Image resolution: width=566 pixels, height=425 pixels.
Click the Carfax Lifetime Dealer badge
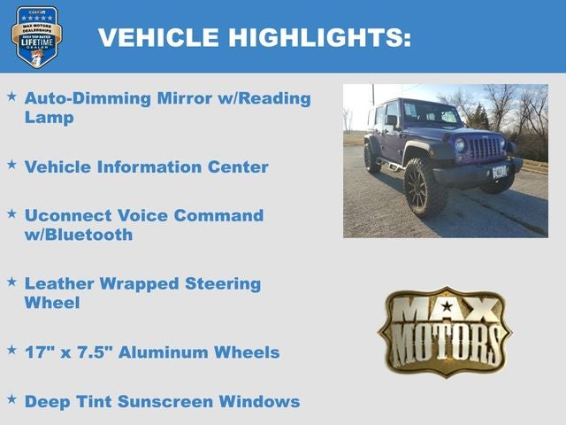[36, 36]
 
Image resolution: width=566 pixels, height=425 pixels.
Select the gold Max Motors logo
[445, 331]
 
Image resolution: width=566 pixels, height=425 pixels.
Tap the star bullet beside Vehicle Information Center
[11, 165]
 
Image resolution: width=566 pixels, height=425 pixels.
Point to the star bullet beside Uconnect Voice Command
[11, 213]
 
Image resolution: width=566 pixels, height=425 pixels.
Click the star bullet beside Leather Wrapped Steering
[11, 282]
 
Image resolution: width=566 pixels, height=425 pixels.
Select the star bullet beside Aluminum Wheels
[11, 351]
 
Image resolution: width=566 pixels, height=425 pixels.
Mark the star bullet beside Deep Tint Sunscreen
[11, 399]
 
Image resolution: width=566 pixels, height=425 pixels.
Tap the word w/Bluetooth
[79, 235]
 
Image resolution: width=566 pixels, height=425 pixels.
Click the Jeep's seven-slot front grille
[484, 148]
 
